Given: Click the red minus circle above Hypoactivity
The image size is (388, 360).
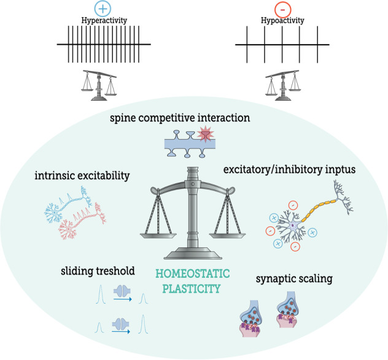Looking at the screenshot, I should tap(282, 9).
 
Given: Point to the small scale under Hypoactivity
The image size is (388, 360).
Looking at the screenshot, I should tap(282, 85).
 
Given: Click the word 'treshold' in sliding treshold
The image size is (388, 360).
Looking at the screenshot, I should tap(116, 271).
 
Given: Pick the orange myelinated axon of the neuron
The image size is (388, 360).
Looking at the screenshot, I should tap(325, 205).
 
